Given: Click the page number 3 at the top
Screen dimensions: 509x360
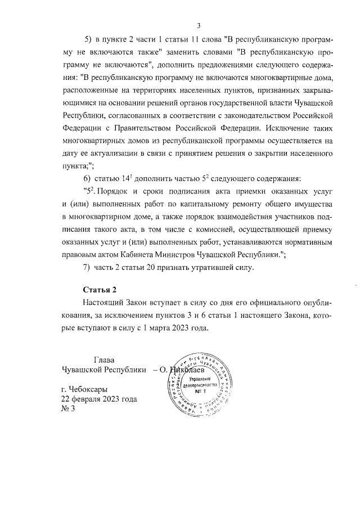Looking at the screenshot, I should point(199,25).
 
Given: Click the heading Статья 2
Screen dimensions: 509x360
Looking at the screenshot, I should point(99,290).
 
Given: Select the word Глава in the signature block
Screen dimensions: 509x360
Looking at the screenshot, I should point(104,360).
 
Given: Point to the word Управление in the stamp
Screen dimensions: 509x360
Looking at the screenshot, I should point(201,381).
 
